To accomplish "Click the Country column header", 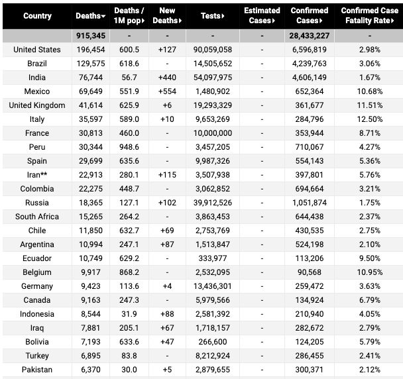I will tap(37, 15).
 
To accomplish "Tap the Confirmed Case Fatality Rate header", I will tap(369, 15).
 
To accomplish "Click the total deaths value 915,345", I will tap(88, 36).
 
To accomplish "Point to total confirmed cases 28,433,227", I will tap(309, 36).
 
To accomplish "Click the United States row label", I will tap(37, 50).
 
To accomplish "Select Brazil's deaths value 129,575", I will tap(88, 64).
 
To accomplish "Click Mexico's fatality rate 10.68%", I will tap(369, 91).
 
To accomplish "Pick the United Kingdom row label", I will tap(37, 105).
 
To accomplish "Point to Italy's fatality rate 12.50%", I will tap(369, 119).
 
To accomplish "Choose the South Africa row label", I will tap(37, 217).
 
